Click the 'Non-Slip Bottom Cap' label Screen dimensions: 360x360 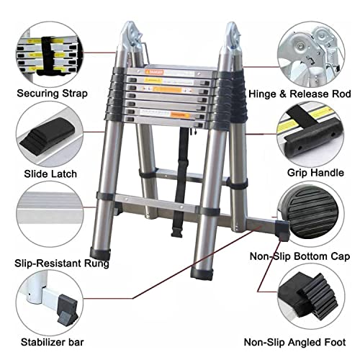coord(300,255)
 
